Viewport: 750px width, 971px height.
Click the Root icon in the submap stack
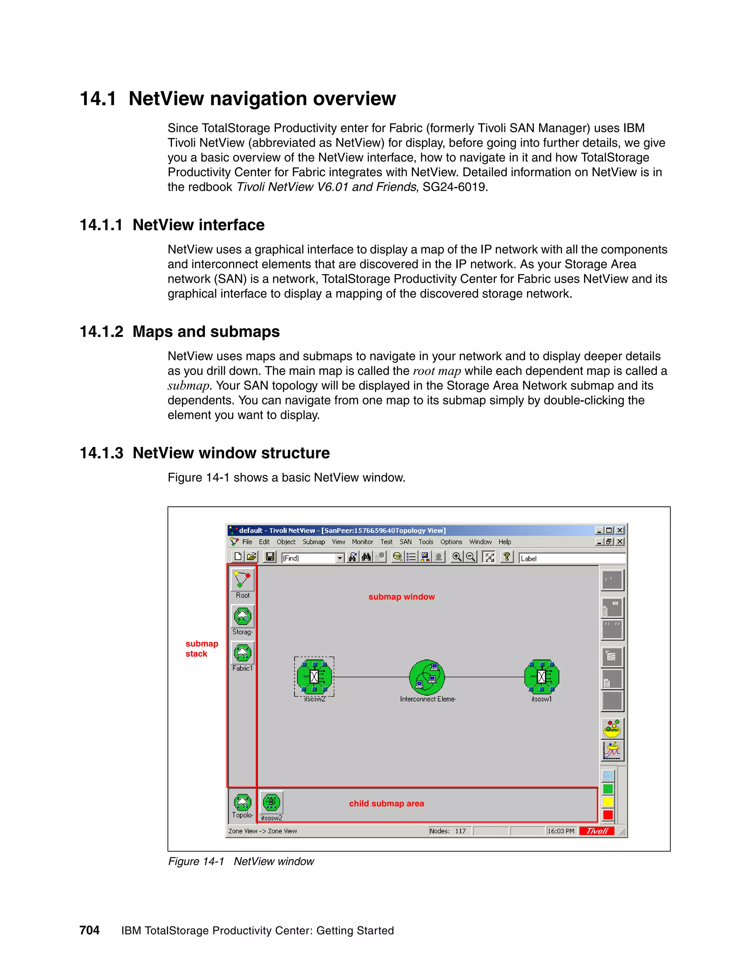click(x=242, y=580)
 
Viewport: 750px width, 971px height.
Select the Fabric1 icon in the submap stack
click(x=242, y=653)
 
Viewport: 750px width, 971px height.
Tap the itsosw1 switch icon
click(x=541, y=677)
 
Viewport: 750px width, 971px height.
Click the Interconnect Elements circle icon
click(x=427, y=677)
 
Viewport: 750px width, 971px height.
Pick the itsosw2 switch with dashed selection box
click(x=314, y=677)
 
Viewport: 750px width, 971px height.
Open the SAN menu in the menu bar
click(x=405, y=542)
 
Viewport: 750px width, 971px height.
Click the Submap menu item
click(x=314, y=542)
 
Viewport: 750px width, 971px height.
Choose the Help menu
click(x=504, y=542)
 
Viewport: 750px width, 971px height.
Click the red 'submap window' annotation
click(x=401, y=597)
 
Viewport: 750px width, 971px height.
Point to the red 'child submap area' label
click(x=386, y=804)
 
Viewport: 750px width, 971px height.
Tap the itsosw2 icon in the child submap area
click(x=271, y=802)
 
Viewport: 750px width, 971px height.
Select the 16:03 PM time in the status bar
click(x=561, y=831)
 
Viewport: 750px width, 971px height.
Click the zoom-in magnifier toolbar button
click(x=456, y=557)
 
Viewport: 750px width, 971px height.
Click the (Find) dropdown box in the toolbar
click(x=313, y=558)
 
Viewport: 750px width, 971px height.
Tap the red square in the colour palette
click(x=608, y=815)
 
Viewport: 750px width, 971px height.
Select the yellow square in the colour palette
click(x=608, y=802)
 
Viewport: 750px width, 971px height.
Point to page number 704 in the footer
click(x=89, y=930)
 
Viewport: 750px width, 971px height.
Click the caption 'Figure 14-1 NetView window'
click(x=241, y=861)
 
